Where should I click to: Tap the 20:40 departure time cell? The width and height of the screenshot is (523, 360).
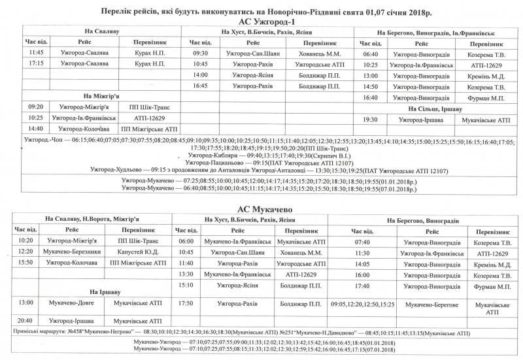(26, 321)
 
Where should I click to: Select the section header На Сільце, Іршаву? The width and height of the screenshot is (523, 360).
(435, 109)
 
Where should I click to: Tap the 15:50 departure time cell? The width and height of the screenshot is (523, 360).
(26, 262)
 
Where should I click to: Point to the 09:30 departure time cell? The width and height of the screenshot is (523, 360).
(200, 53)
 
